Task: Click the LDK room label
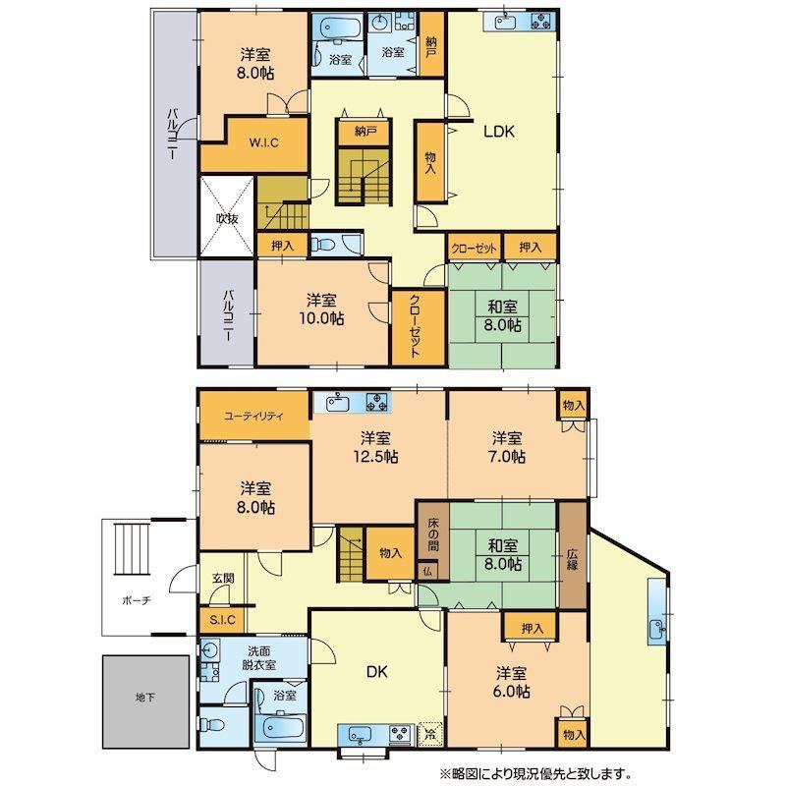tap(499, 132)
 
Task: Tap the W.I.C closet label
tap(263, 142)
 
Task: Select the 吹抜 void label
tap(227, 218)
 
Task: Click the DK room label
tap(377, 672)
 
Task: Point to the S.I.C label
tap(222, 620)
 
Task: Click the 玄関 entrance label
tap(223, 578)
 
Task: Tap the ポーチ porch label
tap(137, 600)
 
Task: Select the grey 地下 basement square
tap(145, 702)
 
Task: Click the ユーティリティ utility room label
tap(254, 416)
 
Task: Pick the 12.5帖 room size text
tap(375, 457)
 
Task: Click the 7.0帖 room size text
tap(507, 457)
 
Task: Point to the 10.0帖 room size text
tap(321, 318)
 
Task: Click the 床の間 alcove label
tap(433, 533)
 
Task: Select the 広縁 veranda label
tap(573, 559)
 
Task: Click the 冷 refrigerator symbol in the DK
tap(430, 734)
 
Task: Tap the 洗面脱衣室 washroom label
tap(258, 658)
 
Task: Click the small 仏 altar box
tap(427, 571)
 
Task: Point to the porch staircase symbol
tap(133, 549)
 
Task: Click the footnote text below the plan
tap(535, 773)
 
